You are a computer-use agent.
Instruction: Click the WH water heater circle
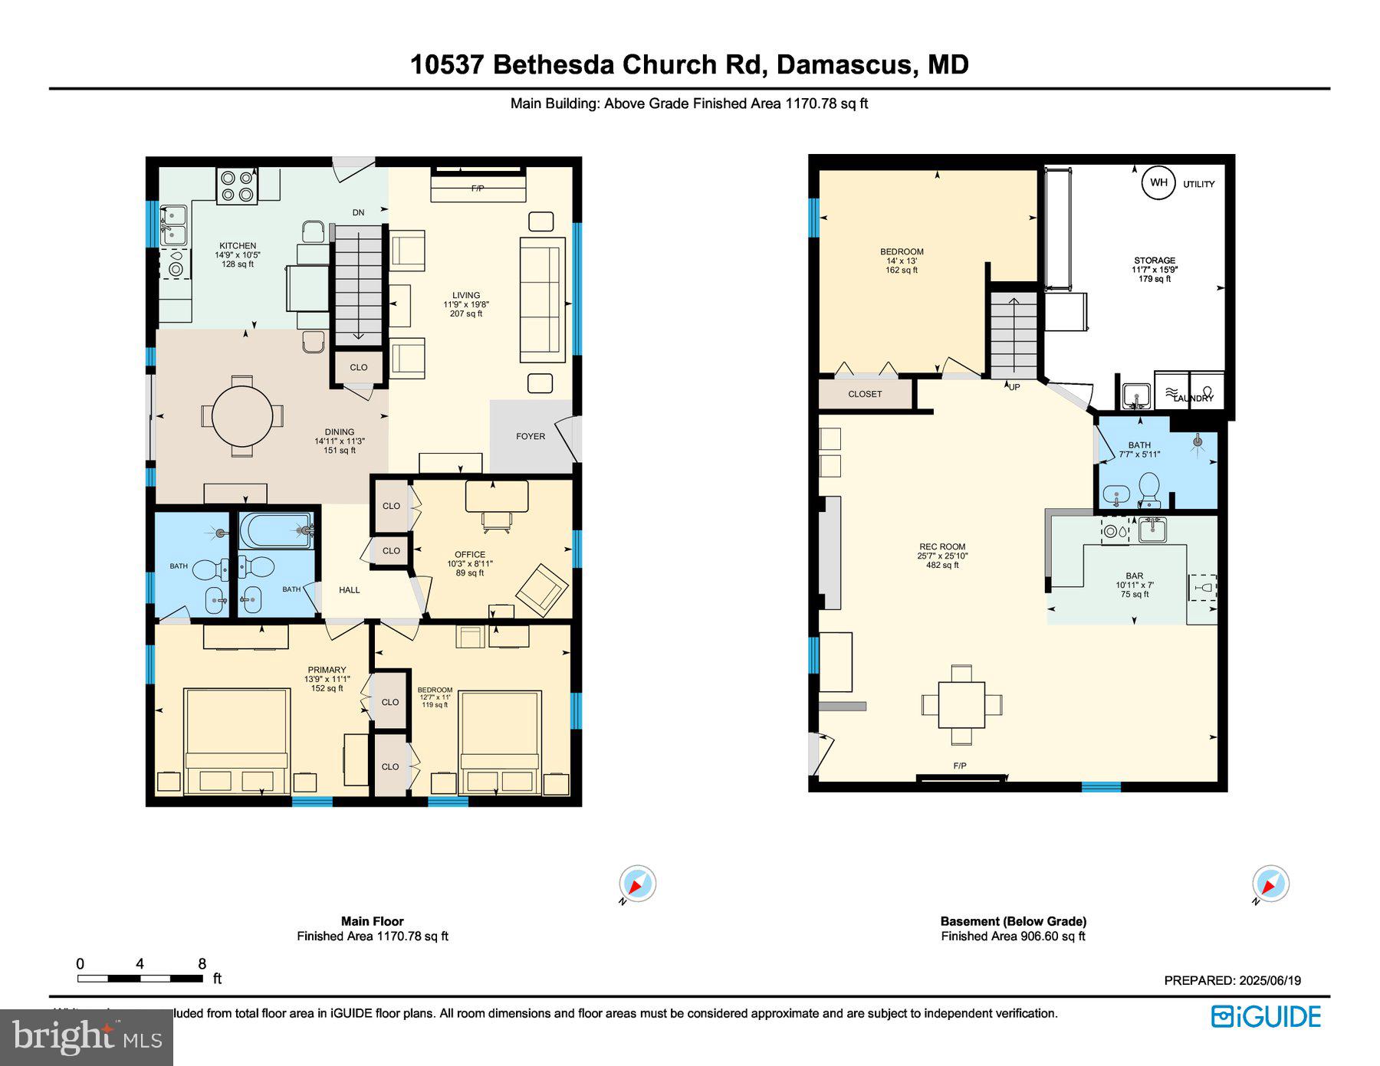click(1158, 182)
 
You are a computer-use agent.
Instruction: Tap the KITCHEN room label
click(238, 246)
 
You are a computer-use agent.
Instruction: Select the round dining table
click(242, 417)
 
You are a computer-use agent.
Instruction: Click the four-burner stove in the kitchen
click(237, 185)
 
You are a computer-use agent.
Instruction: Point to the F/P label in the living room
click(478, 189)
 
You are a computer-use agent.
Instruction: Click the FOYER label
click(531, 436)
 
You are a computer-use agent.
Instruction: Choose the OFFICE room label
click(470, 554)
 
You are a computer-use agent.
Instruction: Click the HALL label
click(350, 589)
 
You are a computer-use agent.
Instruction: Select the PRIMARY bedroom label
click(327, 670)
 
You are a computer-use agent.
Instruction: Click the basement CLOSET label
click(865, 394)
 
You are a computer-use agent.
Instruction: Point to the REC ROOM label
click(942, 546)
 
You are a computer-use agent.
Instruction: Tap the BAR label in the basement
click(1135, 576)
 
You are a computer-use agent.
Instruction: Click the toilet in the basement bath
click(1148, 488)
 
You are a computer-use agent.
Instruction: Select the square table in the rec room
click(961, 704)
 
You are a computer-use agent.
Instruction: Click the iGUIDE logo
click(1266, 1017)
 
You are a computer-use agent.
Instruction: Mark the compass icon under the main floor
click(637, 884)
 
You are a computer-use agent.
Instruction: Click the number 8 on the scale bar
click(202, 964)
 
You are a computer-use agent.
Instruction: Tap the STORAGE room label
click(1155, 261)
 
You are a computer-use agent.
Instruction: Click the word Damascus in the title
click(841, 64)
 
